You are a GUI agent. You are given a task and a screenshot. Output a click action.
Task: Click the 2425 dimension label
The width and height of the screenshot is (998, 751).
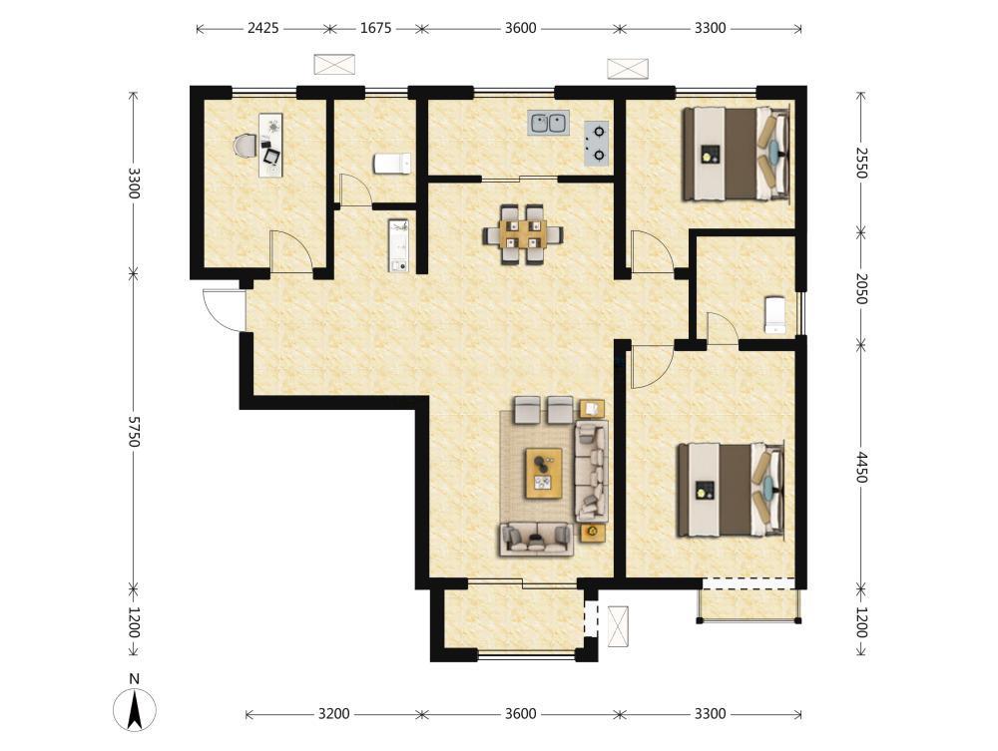[x=262, y=28]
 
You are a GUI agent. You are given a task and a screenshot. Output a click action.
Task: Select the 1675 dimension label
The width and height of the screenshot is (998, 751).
[x=375, y=28]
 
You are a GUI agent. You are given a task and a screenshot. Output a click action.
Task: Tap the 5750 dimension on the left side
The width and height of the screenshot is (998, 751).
[x=133, y=431]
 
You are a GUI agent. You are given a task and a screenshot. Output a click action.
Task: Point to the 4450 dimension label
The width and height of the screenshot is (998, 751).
[x=861, y=468]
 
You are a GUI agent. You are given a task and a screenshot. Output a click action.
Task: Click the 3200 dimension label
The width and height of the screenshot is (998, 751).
[x=333, y=713]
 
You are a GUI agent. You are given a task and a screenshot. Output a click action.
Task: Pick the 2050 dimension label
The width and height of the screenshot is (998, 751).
[x=861, y=288]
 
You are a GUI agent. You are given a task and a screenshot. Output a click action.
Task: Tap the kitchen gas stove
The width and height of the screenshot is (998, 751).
[x=597, y=143]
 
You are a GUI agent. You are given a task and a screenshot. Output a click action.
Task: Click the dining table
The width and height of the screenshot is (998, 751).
[x=524, y=234]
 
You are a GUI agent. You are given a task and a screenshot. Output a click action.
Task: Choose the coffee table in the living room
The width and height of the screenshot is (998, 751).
[x=544, y=473]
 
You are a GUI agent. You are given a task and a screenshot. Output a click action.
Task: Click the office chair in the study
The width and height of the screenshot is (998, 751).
[x=245, y=146]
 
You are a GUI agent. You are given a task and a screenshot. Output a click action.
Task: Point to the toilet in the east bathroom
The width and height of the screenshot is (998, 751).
[x=774, y=314]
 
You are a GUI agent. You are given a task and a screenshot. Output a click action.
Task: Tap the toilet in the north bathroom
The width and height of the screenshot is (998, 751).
[x=392, y=164]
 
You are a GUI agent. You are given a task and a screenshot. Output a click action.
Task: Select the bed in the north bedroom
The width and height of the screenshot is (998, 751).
[x=737, y=154]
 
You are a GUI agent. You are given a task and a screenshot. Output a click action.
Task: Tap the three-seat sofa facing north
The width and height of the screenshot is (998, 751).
[x=536, y=539]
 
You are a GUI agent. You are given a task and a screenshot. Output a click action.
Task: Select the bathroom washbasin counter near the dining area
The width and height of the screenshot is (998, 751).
[x=398, y=245]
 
